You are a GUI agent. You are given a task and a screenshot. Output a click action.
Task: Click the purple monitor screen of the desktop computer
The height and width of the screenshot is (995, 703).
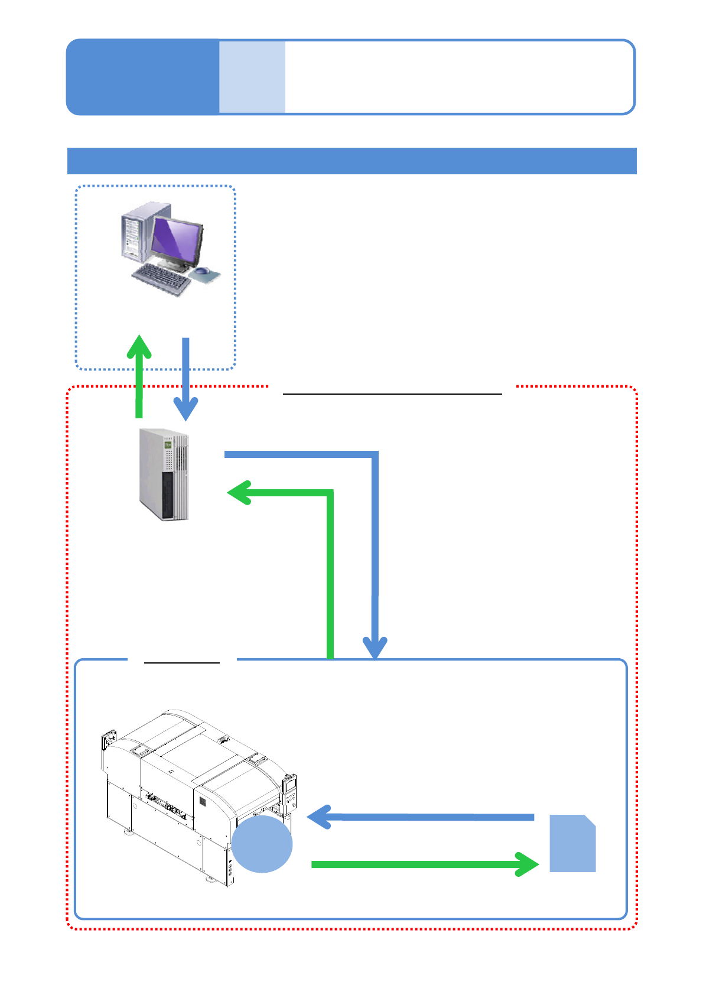pyautogui.click(x=177, y=241)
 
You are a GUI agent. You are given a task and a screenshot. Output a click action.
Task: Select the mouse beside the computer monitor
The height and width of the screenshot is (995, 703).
pyautogui.click(x=203, y=271)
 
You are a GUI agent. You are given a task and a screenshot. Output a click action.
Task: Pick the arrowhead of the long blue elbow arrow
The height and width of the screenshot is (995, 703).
pyautogui.click(x=375, y=648)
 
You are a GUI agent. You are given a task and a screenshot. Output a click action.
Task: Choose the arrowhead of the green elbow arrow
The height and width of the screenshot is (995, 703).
pyautogui.click(x=239, y=493)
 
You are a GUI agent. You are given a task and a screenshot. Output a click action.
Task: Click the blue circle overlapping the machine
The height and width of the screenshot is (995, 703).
pyautogui.click(x=262, y=844)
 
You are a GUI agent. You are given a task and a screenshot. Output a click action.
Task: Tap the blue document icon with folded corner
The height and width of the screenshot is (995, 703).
pyautogui.click(x=572, y=844)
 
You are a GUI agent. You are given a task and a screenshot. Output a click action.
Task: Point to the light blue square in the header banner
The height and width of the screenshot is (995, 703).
pyautogui.click(x=252, y=77)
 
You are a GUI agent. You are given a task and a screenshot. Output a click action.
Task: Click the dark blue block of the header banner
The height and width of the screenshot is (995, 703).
pyautogui.click(x=142, y=77)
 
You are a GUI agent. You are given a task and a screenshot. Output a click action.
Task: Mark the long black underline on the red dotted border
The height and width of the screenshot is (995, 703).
pyautogui.click(x=392, y=393)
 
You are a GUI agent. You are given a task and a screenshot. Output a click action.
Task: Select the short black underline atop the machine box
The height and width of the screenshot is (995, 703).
pyautogui.click(x=182, y=663)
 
